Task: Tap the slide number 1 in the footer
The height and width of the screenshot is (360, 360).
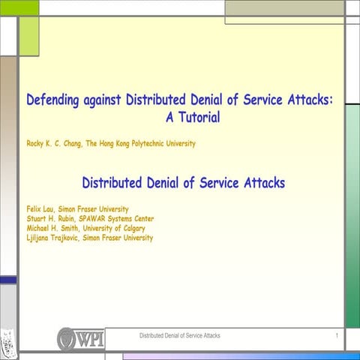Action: (x=337, y=335)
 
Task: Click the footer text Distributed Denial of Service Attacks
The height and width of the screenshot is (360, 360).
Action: (x=179, y=335)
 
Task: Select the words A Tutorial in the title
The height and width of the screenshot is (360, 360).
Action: (x=192, y=117)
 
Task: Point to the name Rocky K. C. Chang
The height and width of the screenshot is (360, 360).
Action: (x=53, y=144)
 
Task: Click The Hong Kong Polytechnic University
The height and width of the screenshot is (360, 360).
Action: (x=142, y=144)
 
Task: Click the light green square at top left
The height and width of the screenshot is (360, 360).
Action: (x=28, y=35)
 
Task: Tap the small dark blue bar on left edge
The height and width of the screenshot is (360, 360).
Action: (x=7, y=280)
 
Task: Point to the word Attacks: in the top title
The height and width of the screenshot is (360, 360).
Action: (x=304, y=100)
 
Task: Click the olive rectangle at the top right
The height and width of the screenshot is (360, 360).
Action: (x=284, y=10)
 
